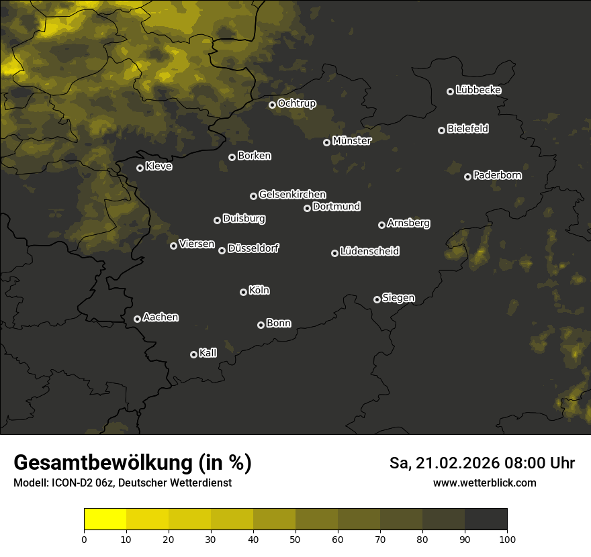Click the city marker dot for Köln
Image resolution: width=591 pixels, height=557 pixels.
click(243, 292)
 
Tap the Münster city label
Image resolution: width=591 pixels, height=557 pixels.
click(352, 141)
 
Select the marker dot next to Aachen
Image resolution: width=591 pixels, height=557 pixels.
click(137, 319)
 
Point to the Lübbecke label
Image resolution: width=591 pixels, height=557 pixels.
click(478, 90)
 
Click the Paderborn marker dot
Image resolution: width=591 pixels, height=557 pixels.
click(467, 176)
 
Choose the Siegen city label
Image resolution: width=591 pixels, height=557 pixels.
click(398, 298)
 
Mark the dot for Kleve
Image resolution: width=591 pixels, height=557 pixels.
click(140, 168)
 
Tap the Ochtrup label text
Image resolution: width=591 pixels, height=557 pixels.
click(296, 103)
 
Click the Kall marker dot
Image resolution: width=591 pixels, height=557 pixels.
click(193, 354)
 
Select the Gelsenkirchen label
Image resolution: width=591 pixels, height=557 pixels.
click(292, 195)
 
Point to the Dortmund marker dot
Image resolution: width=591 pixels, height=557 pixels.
click(307, 208)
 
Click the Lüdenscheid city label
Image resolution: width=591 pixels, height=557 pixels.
click(369, 252)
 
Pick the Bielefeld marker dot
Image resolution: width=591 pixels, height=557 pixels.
click(441, 130)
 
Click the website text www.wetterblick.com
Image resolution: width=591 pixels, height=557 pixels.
click(484, 483)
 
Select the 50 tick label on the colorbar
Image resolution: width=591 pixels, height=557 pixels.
click(295, 538)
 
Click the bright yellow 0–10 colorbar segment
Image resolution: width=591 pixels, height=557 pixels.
click(105, 519)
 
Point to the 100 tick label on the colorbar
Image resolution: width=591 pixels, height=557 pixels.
click(507, 538)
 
